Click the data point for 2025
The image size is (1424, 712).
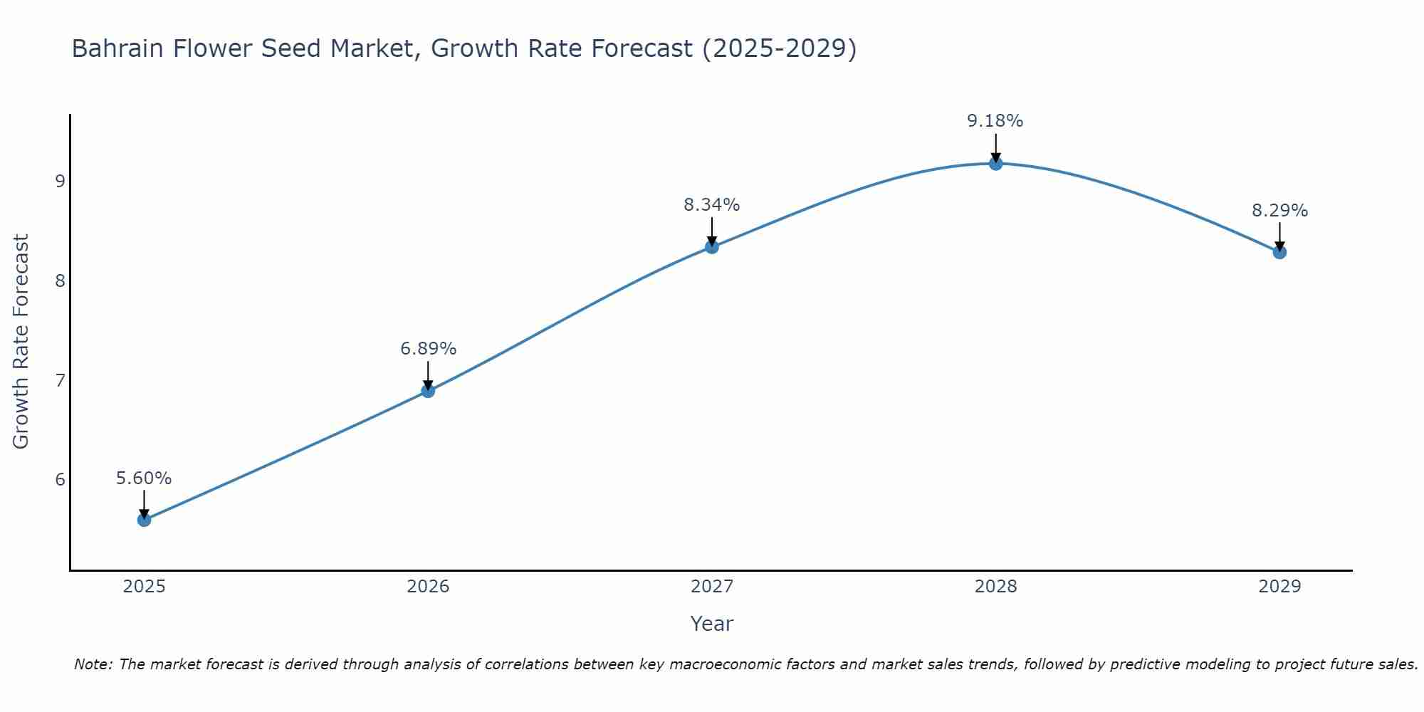tap(144, 520)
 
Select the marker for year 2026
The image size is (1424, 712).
tap(428, 391)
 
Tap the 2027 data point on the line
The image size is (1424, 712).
tap(712, 247)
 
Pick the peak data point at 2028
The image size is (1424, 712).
tap(995, 164)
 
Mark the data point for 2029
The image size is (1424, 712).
tap(1279, 252)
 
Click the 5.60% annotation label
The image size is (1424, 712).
tap(144, 478)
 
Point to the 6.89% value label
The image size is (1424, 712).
tap(428, 349)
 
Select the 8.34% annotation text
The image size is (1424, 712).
tap(712, 205)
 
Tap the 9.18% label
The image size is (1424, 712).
tap(995, 121)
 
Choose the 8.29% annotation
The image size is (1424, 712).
tap(1279, 211)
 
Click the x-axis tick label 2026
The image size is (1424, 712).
tap(428, 587)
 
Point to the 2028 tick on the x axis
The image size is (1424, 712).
tap(995, 587)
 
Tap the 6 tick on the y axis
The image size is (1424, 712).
tap(60, 480)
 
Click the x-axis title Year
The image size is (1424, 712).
tap(711, 624)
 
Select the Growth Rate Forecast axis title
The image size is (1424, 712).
tap(21, 342)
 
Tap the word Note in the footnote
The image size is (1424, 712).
tap(93, 664)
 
